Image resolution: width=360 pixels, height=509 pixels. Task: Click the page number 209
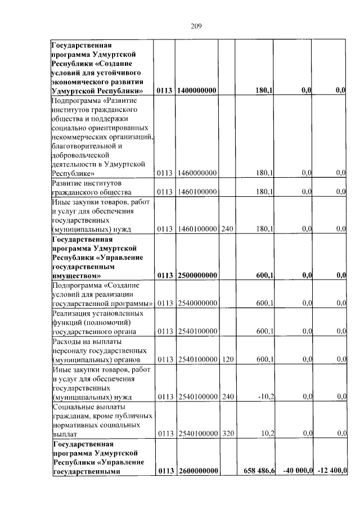pos(196,26)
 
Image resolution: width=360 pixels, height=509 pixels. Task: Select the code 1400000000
pos(197,90)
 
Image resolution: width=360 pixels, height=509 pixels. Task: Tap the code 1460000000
pos(197,173)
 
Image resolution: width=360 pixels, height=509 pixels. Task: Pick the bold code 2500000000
pos(197,275)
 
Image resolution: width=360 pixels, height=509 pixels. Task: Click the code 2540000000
pos(197,303)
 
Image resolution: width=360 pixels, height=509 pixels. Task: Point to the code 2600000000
pos(197,471)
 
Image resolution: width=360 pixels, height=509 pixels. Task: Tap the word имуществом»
pos(76,276)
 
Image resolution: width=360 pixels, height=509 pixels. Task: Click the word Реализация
pos(71,313)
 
